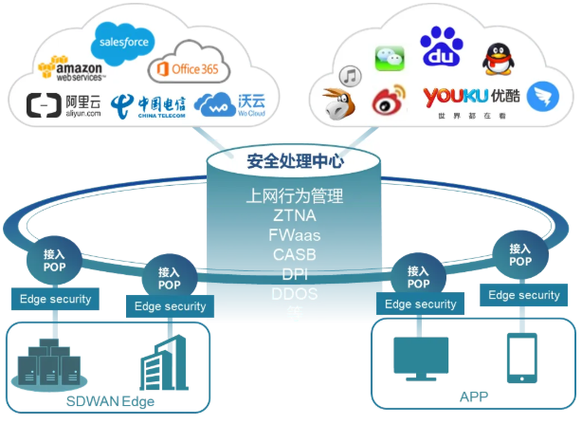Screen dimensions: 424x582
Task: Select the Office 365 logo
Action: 186,69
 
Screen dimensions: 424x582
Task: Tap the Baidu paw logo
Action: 439,46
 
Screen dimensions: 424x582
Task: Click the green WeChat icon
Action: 389,56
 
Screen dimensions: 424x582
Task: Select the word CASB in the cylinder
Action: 294,254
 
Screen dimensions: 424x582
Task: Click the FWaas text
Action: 294,235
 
